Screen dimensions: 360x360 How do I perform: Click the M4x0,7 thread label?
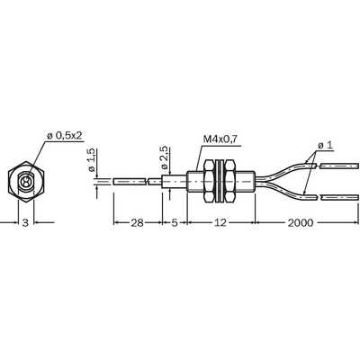click(220, 139)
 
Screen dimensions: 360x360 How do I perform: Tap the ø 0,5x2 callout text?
click(64, 136)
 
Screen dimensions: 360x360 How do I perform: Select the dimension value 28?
click(137, 223)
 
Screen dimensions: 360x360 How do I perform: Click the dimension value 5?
click(175, 223)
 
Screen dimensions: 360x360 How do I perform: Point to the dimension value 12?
click(220, 223)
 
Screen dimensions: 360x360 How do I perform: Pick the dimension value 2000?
click(301, 223)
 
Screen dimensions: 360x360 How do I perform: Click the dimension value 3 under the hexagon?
click(26, 223)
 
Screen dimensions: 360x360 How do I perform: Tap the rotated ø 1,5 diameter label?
click(92, 160)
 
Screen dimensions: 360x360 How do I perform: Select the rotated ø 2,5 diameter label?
click(165, 158)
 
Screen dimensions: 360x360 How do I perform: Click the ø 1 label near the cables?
click(325, 146)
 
